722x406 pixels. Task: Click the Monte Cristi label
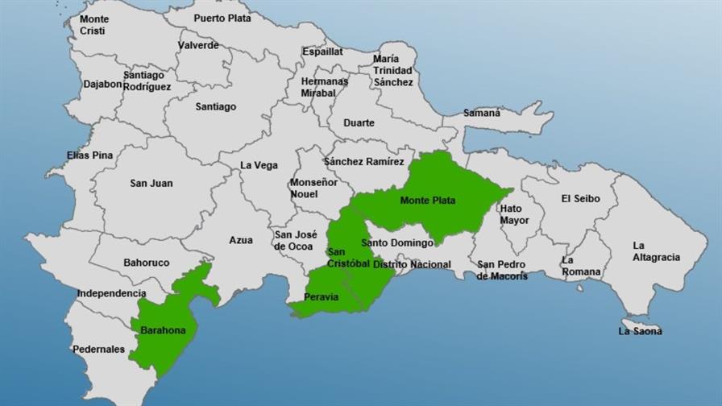tap(94, 25)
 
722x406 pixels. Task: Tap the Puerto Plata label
tap(222, 17)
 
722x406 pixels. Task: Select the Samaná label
tap(482, 113)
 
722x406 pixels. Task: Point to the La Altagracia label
tap(656, 251)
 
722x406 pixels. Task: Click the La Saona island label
tap(640, 331)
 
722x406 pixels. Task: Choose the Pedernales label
tap(99, 350)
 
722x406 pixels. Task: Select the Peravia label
tap(321, 297)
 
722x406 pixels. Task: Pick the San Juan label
tap(151, 184)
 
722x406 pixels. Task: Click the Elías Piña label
tap(89, 155)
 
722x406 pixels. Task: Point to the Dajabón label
tap(103, 84)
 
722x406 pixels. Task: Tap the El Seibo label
tap(580, 199)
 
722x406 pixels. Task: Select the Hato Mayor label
tap(514, 214)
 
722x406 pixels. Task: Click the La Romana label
tap(581, 266)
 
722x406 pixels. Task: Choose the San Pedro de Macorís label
tap(502, 270)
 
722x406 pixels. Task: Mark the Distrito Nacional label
tap(412, 264)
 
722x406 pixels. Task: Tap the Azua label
tap(240, 240)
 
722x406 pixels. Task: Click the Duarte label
tap(359, 123)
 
